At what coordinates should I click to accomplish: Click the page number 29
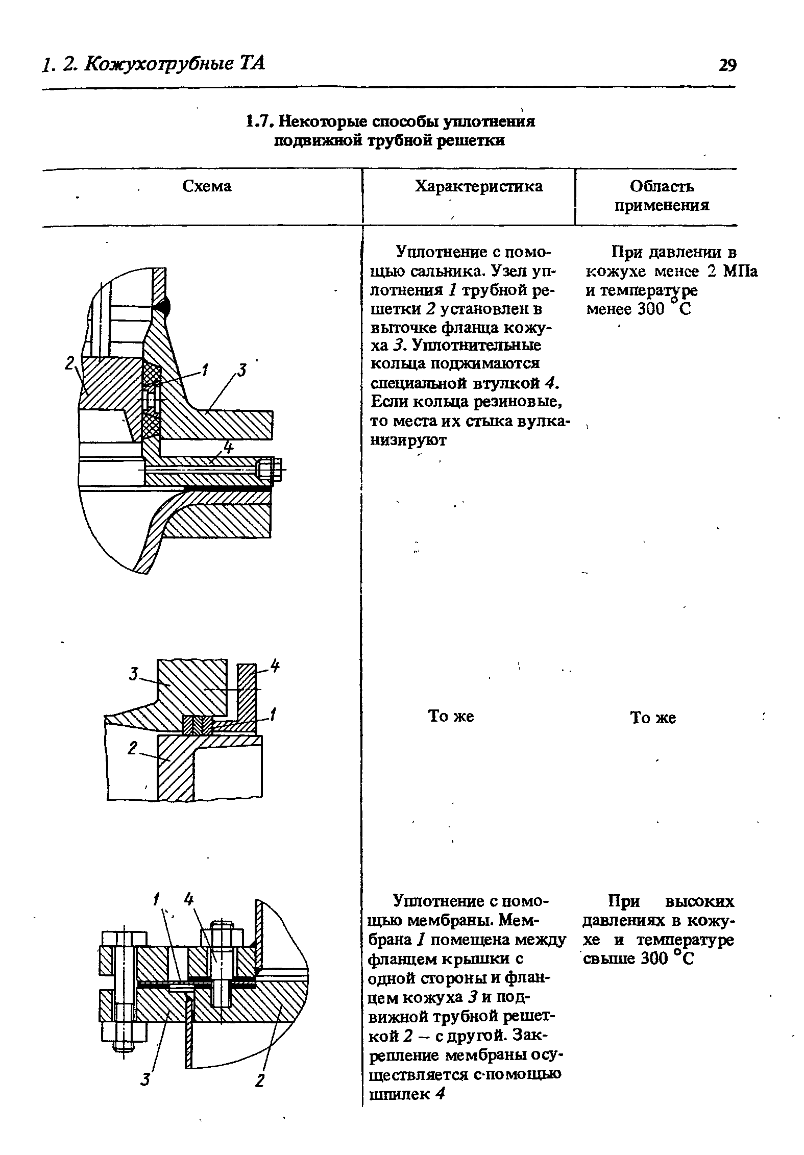tap(727, 65)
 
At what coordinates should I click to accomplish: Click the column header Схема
tap(207, 186)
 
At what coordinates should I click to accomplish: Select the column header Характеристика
tap(479, 186)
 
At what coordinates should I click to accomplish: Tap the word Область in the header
tap(662, 186)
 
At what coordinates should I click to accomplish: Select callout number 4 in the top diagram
tap(228, 448)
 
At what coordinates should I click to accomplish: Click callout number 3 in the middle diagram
tap(134, 675)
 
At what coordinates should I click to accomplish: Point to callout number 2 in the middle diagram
tap(133, 749)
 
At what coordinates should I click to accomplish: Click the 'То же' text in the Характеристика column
tap(451, 716)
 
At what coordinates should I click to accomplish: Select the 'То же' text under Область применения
tap(653, 718)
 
